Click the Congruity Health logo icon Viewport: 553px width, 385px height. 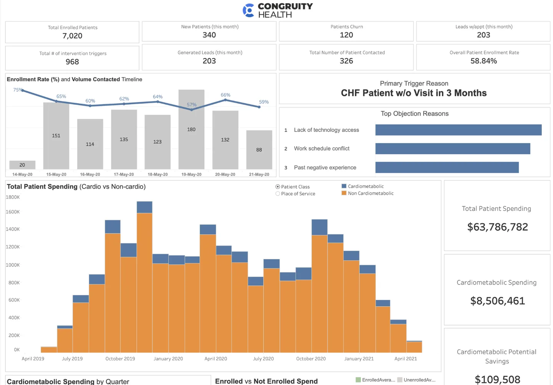[248, 10]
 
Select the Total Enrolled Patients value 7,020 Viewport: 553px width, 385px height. [72, 36]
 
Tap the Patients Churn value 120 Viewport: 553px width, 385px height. [346, 35]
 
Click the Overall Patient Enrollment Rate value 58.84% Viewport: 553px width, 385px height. [483, 61]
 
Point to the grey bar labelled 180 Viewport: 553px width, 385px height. [191, 130]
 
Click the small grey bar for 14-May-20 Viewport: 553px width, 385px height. [22, 165]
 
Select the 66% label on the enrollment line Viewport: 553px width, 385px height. [225, 95]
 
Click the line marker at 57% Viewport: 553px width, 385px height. [192, 110]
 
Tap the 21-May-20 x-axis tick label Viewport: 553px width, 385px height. [259, 174]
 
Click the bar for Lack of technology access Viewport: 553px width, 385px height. [458, 130]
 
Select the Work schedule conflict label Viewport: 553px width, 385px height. [321, 149]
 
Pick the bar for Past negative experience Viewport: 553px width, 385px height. [447, 168]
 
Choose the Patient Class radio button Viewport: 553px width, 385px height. [278, 187]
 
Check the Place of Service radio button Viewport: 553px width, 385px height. [278, 194]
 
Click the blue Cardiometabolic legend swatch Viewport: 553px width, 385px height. [344, 186]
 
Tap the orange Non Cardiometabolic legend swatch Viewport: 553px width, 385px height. [344, 193]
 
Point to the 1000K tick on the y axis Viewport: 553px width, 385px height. [13, 265]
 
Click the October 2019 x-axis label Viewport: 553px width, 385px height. [120, 359]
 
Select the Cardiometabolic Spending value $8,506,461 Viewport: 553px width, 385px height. [497, 301]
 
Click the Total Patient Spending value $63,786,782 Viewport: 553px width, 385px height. [497, 227]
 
